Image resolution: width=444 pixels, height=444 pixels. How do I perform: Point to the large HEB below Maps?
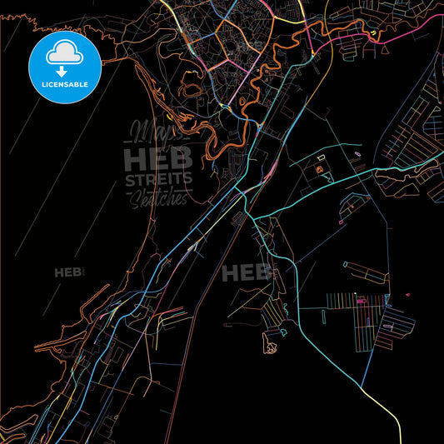(157, 158)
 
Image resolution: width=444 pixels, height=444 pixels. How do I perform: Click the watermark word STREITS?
(158, 180)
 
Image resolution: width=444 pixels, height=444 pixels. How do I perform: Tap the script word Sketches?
(157, 198)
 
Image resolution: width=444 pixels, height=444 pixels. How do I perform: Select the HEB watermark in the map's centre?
(247, 272)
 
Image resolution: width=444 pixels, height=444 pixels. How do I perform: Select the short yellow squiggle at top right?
(372, 34)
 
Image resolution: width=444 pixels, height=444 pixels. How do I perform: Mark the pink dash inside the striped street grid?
(359, 297)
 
